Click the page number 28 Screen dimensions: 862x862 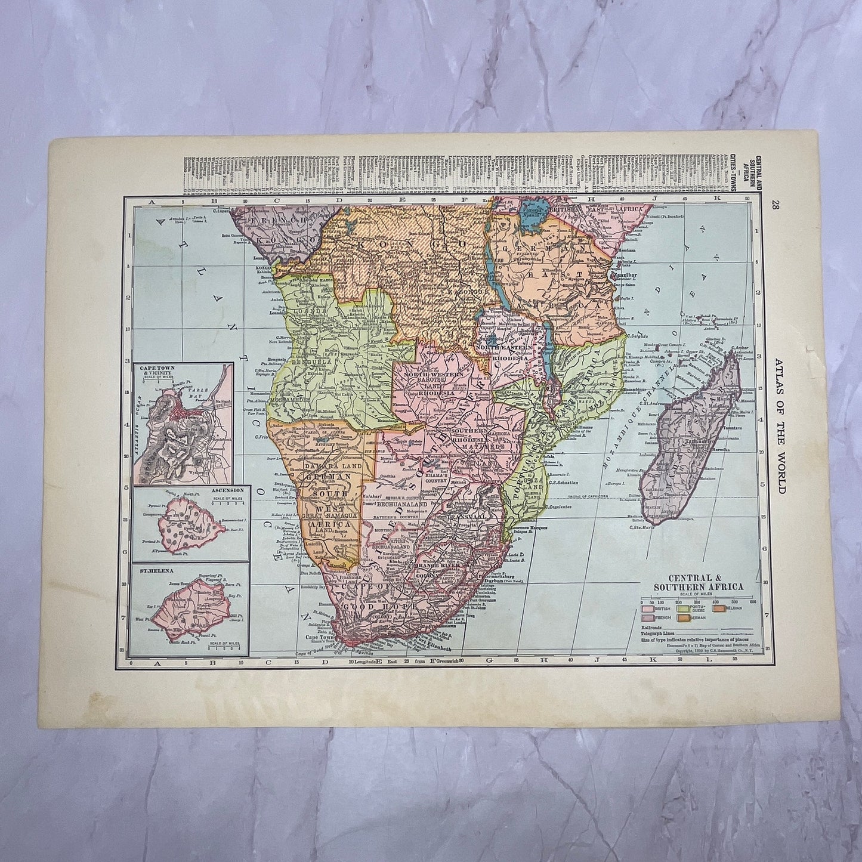coord(774,206)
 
